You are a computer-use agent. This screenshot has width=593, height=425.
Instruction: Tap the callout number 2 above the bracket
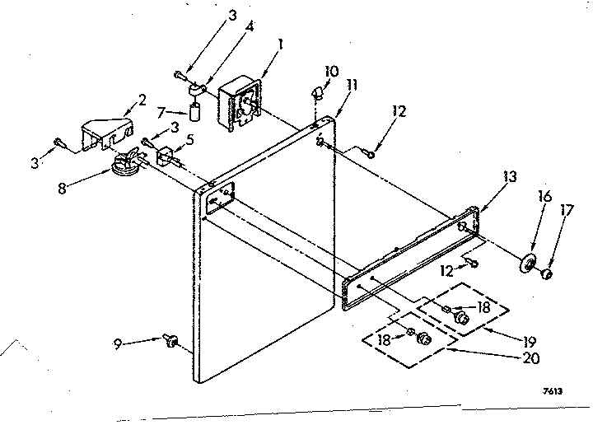click(x=141, y=100)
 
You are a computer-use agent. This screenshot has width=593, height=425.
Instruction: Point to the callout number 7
click(x=162, y=111)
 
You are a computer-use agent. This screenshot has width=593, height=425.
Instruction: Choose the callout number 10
click(x=330, y=72)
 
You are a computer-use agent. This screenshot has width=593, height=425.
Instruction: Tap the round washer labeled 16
click(x=524, y=264)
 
